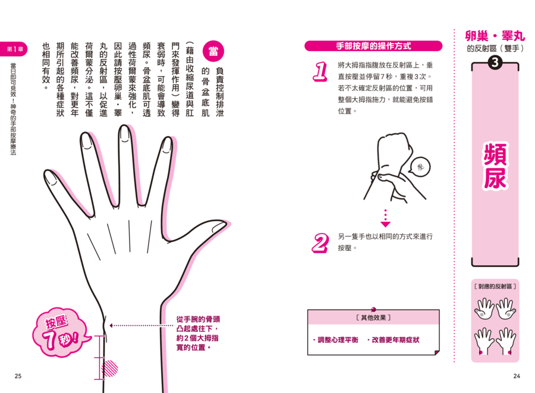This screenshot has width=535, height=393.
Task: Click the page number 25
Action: (18, 376)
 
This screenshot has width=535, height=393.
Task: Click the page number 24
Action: (517, 376)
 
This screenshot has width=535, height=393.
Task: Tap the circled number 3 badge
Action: (495, 63)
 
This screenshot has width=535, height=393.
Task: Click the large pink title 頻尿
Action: (495, 166)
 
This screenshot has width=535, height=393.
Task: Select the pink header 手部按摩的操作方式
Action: (373, 46)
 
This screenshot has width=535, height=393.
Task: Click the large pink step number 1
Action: (320, 71)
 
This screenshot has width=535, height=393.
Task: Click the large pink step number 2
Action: (320, 243)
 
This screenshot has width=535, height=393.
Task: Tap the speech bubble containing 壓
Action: (420, 167)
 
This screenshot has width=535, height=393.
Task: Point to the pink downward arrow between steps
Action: (386, 218)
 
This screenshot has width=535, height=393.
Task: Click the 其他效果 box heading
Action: (373, 318)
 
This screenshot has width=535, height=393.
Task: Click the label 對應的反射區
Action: (495, 286)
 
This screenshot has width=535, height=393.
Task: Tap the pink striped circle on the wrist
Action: (109, 369)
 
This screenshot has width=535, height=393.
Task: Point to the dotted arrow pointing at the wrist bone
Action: (141, 325)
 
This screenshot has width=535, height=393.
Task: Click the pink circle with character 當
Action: (213, 51)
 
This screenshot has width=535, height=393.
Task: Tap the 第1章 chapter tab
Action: (14, 49)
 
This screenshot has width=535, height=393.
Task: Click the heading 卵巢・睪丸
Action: (495, 36)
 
